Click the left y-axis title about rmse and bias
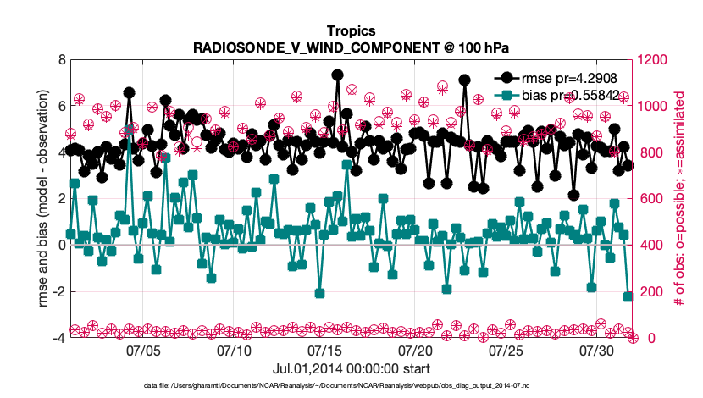click(x=42, y=199)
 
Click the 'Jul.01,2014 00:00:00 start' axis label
click(x=350, y=369)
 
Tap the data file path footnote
click(x=350, y=385)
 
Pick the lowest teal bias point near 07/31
click(x=628, y=296)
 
